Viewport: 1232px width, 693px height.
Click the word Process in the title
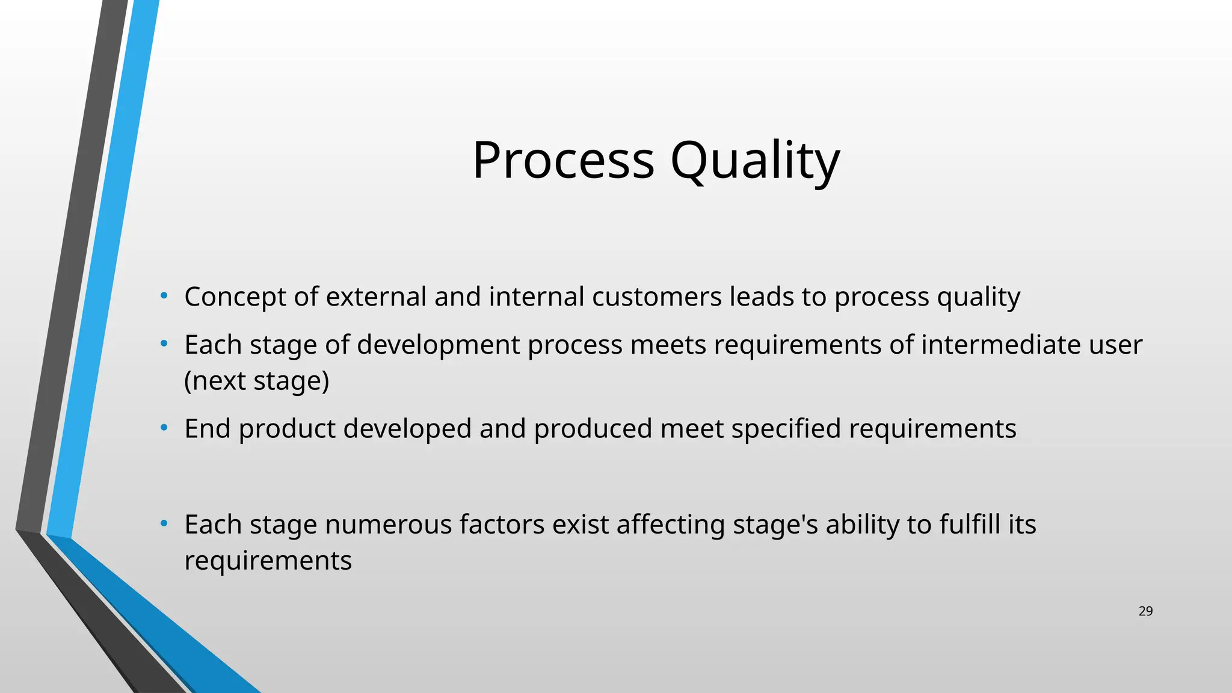563,160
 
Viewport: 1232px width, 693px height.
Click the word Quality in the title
755,160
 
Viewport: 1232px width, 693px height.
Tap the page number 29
1145,611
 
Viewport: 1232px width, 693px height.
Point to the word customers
656,297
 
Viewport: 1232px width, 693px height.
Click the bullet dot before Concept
164,295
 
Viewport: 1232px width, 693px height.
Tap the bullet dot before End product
164,428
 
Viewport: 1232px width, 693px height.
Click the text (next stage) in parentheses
257,381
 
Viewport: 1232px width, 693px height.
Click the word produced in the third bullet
593,429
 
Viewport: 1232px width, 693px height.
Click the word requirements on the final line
268,561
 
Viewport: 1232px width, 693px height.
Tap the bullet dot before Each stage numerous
164,523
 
